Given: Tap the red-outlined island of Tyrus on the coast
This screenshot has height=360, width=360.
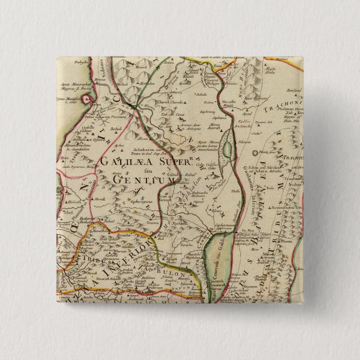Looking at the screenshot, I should click(88, 100).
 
